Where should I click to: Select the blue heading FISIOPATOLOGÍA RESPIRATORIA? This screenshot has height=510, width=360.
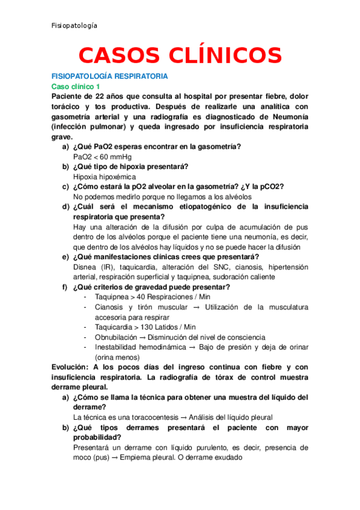click(110, 77)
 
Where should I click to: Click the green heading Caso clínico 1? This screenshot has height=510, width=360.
click(76, 87)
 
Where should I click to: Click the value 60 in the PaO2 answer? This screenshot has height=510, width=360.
click(106, 157)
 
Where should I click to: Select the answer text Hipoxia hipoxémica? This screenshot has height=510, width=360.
click(105, 177)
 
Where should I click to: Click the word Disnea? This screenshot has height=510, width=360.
click(85, 267)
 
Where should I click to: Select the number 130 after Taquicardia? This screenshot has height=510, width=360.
click(148, 327)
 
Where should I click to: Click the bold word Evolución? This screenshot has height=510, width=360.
click(70, 367)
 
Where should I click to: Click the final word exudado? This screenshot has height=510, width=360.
click(227, 457)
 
